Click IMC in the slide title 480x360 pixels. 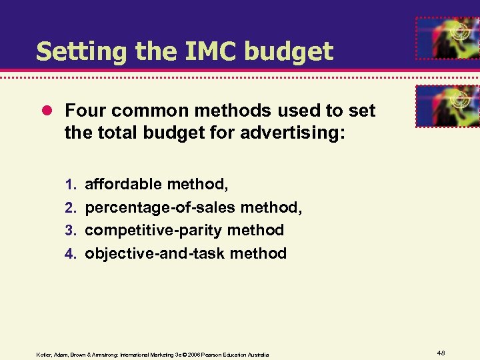[x=201, y=51]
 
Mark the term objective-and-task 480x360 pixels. [x=154, y=253]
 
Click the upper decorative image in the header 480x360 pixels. [x=447, y=38]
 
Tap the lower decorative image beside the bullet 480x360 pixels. [x=447, y=105]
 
